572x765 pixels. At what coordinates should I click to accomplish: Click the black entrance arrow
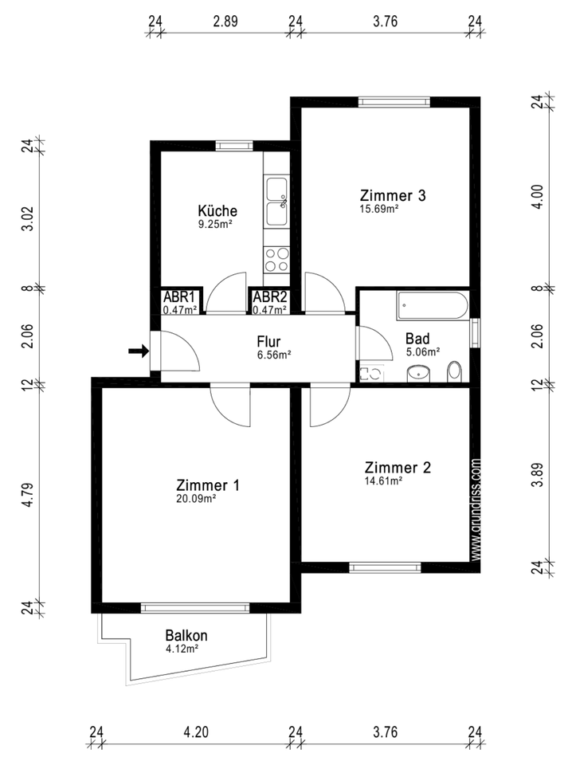139,351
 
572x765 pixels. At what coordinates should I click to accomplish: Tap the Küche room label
217,210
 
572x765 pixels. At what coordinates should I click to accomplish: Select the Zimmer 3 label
393,195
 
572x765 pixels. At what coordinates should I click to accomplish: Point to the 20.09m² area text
196,499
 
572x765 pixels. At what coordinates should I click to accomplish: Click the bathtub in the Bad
433,305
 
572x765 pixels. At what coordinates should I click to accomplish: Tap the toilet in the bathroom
454,372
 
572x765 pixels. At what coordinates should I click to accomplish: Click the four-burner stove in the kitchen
276,260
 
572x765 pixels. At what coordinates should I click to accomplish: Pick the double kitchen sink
276,202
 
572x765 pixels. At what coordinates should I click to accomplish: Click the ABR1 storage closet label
179,296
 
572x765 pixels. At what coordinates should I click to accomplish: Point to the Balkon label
186,636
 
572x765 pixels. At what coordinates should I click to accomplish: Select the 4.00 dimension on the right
537,197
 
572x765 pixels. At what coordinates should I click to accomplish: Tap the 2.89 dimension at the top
225,22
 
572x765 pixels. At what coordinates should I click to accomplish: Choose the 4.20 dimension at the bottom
196,732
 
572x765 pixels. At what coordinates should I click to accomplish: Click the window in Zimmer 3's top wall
394,102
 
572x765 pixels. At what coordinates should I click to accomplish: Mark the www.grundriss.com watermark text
476,508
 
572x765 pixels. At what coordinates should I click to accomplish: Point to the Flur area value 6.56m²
274,355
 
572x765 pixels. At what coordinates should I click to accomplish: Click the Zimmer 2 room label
398,468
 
